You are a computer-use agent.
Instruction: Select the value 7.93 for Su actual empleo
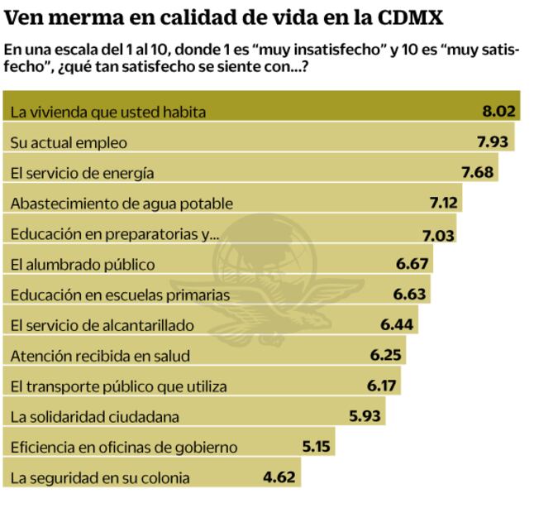click(493, 142)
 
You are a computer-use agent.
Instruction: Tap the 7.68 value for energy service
click(477, 173)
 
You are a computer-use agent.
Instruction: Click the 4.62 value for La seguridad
click(279, 477)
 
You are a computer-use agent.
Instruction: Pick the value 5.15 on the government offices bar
click(317, 447)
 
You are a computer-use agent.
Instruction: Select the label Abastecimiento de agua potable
click(122, 204)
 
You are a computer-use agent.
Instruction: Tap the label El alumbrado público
click(83, 265)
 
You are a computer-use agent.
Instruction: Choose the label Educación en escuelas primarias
click(120, 295)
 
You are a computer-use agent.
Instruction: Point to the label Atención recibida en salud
click(101, 356)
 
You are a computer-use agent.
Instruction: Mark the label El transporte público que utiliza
click(118, 386)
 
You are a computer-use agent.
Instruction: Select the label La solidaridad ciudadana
click(95, 417)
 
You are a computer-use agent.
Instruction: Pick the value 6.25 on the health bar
click(384, 356)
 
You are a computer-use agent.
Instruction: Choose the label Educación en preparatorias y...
click(115, 234)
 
